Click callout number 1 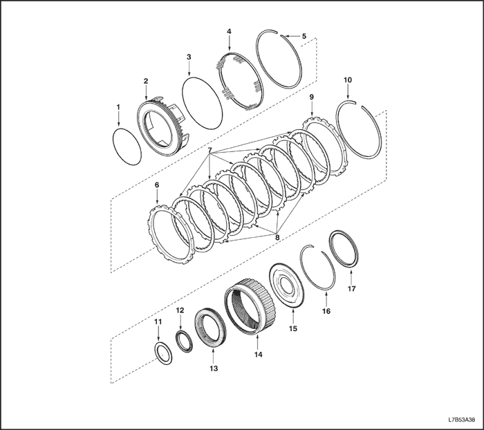pyautogui.click(x=118, y=106)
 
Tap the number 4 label pyautogui.click(x=229, y=32)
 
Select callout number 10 pyautogui.click(x=348, y=80)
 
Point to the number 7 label pyautogui.click(x=210, y=150)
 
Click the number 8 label pyautogui.click(x=277, y=237)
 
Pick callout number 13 pyautogui.click(x=214, y=368)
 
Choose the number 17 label pyautogui.click(x=351, y=288)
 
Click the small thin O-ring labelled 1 pyautogui.click(x=127, y=147)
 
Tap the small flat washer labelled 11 pyautogui.click(x=163, y=353)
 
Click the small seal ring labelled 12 pyautogui.click(x=185, y=342)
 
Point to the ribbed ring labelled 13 pyautogui.click(x=210, y=328)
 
